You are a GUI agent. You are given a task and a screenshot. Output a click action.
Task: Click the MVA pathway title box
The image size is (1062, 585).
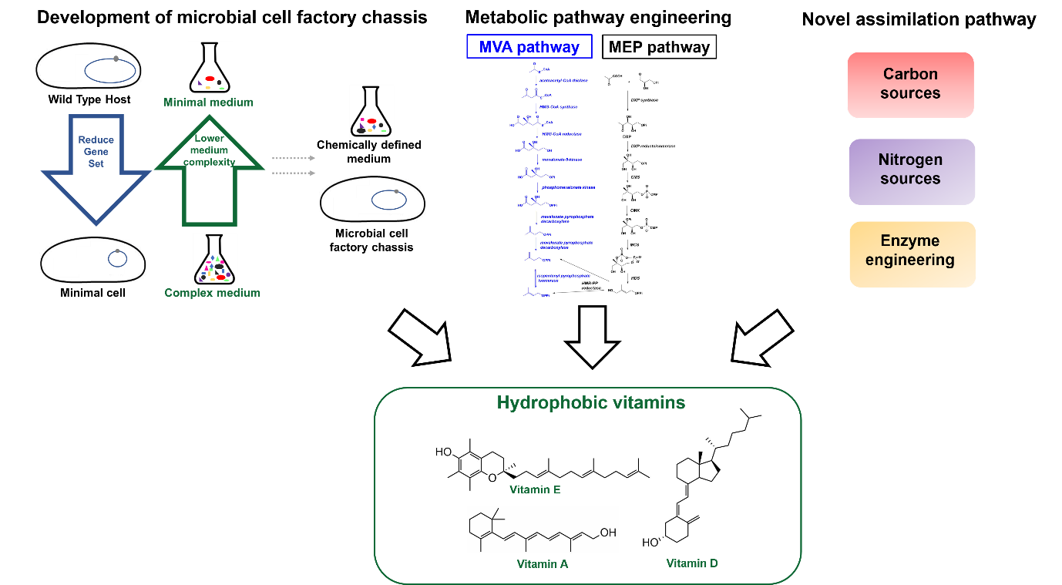coord(529,47)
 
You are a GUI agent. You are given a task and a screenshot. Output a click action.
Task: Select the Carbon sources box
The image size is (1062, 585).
coord(910,84)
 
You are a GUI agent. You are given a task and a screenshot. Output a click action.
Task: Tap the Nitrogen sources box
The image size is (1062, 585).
coord(911,170)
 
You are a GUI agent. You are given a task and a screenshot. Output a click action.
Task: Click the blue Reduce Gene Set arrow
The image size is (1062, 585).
coord(96,166)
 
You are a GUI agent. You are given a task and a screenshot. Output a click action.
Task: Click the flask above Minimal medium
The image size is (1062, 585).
coord(210,68)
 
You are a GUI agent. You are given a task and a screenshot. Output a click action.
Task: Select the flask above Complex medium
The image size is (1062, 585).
coord(215,260)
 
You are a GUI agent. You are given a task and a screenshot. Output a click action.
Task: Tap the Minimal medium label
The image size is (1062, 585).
coord(208,102)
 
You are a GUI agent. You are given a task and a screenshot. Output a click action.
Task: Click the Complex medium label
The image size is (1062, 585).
coord(212,293)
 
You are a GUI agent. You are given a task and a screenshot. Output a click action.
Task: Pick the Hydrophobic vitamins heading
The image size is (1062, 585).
coord(590,402)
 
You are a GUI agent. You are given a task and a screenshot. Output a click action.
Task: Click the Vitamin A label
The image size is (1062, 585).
coord(543,564)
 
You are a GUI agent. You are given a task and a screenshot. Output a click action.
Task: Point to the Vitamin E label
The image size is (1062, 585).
coord(535,489)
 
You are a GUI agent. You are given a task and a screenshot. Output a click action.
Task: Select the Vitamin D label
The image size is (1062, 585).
coord(692,563)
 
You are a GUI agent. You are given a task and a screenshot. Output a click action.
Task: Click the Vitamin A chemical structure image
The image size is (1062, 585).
coord(543,530)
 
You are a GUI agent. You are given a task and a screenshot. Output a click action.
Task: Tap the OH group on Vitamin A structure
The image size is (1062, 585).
coord(608,532)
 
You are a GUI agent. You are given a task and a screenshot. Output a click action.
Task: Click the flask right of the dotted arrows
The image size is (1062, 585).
coord(371,112)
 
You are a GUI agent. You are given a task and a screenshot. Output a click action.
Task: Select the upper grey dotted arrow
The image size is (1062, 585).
coord(294,158)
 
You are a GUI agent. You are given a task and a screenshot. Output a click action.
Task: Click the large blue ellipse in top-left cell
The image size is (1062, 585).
coord(111,71)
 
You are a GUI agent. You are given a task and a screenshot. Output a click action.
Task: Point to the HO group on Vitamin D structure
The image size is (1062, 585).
coord(651,543)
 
